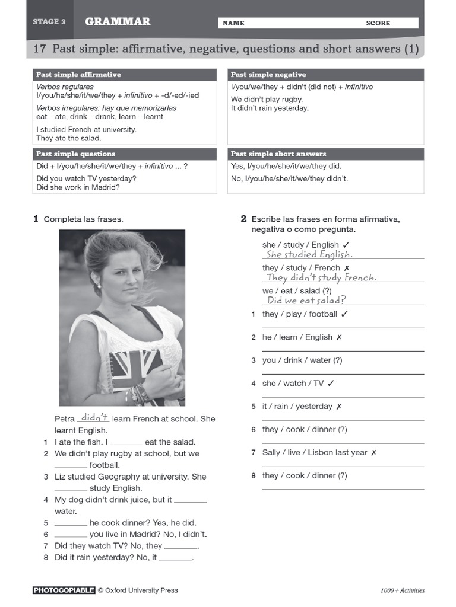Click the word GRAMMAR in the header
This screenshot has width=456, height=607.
coord(118,22)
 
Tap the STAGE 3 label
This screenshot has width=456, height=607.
coord(49,22)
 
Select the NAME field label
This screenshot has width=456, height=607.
coord(233,23)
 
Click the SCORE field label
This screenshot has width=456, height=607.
coord(378,23)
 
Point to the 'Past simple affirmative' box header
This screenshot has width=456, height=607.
coord(78,75)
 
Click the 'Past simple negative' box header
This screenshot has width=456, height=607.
coord(268,75)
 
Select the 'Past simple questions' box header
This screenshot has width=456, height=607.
coord(75,154)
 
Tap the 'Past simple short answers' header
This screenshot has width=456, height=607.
coord(278,154)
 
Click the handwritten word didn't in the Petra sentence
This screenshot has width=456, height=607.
coord(94,417)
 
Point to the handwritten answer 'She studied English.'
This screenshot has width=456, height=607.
coord(309,254)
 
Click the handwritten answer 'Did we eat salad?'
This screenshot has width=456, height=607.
coord(306,301)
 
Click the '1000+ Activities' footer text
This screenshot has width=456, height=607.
coord(403,590)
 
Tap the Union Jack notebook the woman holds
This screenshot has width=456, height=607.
coord(135,368)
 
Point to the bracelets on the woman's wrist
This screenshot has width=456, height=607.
coord(140,394)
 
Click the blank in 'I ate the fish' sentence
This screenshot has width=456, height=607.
coord(126,442)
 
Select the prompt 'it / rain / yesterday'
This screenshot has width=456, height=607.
coord(297,407)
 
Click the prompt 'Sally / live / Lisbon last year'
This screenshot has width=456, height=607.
coord(315,452)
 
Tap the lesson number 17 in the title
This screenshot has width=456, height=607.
coord(39,49)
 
